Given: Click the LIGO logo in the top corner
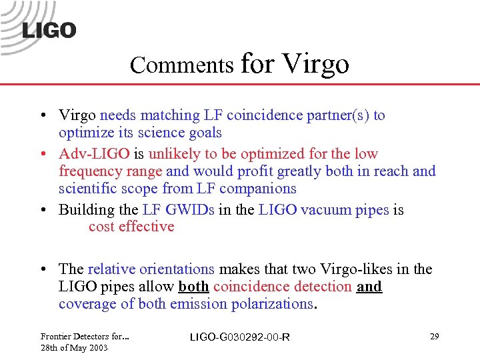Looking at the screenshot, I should pyautogui.click(x=40, y=27).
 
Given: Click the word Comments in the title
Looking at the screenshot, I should pyautogui.click(x=182, y=65).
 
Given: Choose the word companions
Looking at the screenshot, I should pyautogui.click(x=258, y=189).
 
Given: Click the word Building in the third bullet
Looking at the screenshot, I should pyautogui.click(x=87, y=210).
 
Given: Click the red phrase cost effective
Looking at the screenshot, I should pyautogui.click(x=131, y=227).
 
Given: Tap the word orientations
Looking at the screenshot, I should pyautogui.click(x=174, y=269).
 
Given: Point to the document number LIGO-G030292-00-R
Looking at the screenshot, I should pyautogui.click(x=240, y=337).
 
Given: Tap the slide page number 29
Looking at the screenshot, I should pyautogui.click(x=434, y=337).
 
